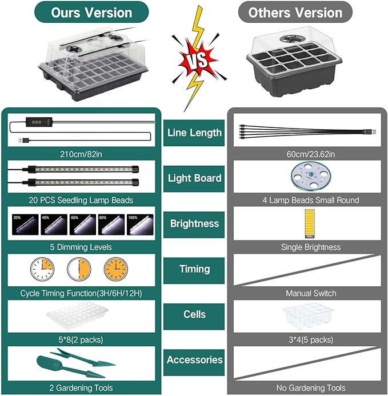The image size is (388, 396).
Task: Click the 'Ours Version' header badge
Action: (x=91, y=12)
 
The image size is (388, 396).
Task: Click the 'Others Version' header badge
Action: (x=295, y=13)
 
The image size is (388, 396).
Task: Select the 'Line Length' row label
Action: (x=194, y=133)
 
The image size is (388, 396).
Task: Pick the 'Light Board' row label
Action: (x=194, y=178)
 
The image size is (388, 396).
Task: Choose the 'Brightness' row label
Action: (x=194, y=223)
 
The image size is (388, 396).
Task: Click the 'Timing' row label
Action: (x=194, y=269)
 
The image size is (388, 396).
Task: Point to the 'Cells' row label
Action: (x=194, y=314)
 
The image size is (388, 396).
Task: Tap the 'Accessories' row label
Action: (x=194, y=359)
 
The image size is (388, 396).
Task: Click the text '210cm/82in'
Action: (x=81, y=154)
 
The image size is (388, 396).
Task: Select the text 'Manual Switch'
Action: (x=311, y=293)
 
